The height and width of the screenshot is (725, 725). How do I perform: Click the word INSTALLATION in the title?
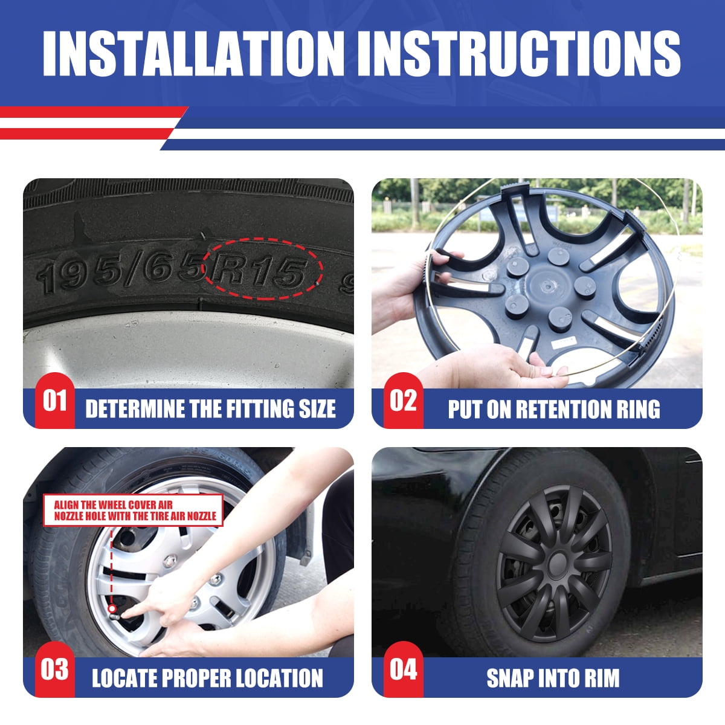coord(193,53)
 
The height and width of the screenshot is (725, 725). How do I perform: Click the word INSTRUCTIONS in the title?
coord(519,53)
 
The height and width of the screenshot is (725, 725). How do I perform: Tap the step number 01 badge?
coord(55,401)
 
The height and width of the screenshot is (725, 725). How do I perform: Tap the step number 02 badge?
coord(404,401)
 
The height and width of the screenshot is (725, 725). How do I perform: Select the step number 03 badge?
coord(55,669)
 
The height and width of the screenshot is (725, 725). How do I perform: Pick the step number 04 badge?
coord(404,669)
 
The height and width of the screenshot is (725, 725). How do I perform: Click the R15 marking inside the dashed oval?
coord(259,270)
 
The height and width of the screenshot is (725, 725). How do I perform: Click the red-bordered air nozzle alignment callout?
coord(133,510)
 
